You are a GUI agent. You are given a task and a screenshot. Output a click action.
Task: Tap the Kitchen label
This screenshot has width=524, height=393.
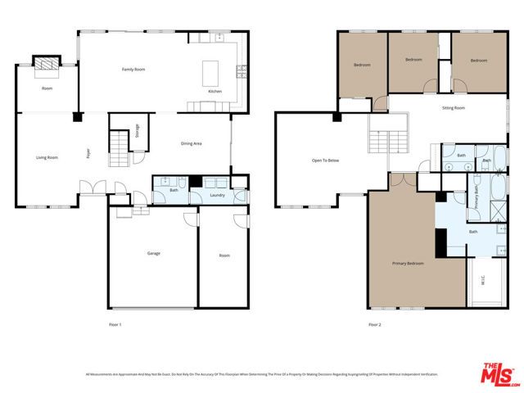point(215,91)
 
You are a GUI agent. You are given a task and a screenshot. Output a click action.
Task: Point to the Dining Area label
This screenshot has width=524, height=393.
point(191,144)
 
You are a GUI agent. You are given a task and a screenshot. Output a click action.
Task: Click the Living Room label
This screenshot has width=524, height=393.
point(47,157)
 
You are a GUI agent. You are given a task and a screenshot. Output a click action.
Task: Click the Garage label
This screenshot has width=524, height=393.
point(153,254)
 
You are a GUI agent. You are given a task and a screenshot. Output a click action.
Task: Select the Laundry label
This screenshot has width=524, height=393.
point(217,195)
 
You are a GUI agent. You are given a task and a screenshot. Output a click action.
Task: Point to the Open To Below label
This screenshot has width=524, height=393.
point(325,160)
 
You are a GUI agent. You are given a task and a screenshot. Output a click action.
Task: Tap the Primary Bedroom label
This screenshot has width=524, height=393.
point(408,263)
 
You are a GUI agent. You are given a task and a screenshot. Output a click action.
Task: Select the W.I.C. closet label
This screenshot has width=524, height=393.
point(483,283)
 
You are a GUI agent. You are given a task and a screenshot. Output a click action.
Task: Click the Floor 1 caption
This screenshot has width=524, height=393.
point(115,324)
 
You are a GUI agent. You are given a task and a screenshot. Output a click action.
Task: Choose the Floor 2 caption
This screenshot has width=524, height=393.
point(374,324)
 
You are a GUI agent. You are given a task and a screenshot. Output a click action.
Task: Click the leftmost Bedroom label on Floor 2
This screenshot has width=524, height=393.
point(362,65)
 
